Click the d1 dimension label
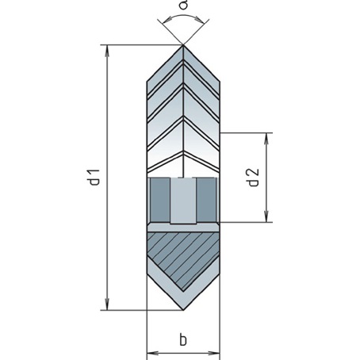pyautogui.click(x=95, y=177)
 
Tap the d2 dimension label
pyautogui.click(x=254, y=178)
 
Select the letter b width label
pyautogui.click(x=183, y=339)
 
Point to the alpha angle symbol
pyautogui.click(x=183, y=5)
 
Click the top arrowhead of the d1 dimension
pyautogui.click(x=107, y=51)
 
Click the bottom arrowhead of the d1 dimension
pyautogui.click(x=107, y=304)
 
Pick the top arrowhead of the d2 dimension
pyautogui.click(x=266, y=139)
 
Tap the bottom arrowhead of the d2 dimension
pyautogui.click(x=266, y=216)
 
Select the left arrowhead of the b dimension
pyautogui.click(x=152, y=353)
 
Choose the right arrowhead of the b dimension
pyautogui.click(x=214, y=353)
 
